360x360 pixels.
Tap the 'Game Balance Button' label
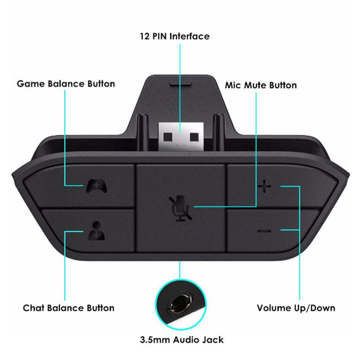tap(66, 84)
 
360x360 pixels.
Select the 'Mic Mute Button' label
tap(261, 85)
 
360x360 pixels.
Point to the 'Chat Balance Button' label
tap(68, 308)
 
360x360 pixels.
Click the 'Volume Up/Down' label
tap(296, 308)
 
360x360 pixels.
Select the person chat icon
tap(95, 231)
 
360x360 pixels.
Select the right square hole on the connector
tap(194, 135)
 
